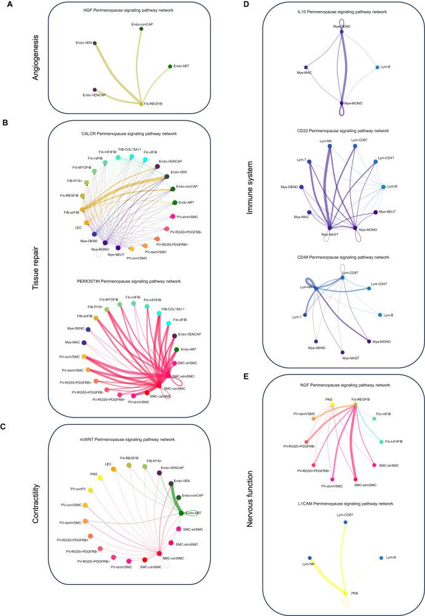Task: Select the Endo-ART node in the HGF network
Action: (170, 66)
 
